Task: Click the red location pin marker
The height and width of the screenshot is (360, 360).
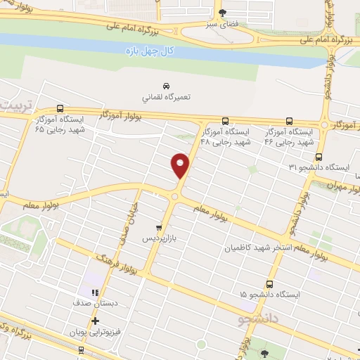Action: click(x=181, y=165)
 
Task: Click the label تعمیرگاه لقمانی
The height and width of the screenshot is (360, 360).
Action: click(x=165, y=97)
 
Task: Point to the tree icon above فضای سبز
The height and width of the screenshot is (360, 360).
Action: click(x=223, y=13)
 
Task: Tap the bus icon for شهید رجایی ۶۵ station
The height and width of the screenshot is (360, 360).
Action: click(x=60, y=109)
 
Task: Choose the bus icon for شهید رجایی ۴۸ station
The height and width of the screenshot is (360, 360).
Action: click(x=225, y=120)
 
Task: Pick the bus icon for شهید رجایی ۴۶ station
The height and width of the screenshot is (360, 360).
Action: click(x=289, y=120)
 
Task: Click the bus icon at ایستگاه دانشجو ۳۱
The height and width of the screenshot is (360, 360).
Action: click(x=319, y=157)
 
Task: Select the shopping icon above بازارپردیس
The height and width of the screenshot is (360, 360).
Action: click(x=159, y=227)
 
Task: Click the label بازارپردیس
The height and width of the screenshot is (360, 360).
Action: click(x=158, y=239)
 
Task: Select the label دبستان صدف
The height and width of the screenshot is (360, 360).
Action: click(x=94, y=304)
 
